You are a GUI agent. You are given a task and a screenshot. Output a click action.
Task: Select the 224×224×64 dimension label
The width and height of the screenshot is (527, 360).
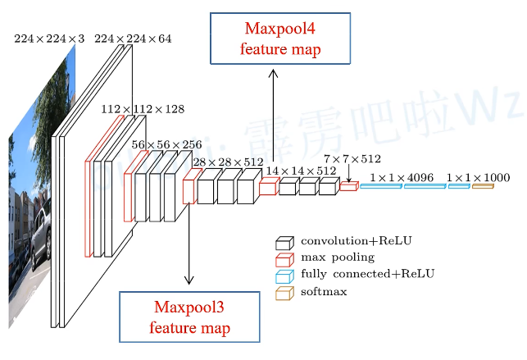(133, 39)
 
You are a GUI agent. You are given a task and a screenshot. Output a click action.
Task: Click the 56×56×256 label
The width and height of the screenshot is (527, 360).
(166, 144)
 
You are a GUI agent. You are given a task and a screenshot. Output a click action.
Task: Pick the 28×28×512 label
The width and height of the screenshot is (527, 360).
(228, 162)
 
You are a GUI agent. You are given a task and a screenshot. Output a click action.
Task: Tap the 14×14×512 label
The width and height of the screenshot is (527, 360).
(301, 171)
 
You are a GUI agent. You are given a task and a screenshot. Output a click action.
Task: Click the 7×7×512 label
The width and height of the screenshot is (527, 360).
(352, 158)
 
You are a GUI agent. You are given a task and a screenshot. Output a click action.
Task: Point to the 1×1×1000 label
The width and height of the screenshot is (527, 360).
(479, 176)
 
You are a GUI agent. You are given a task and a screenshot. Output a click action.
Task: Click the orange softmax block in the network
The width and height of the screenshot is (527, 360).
(482, 187)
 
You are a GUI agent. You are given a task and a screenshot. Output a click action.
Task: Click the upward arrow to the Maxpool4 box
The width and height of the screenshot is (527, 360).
(274, 123)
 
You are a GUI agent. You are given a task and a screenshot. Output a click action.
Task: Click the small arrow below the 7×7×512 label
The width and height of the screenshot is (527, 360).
(349, 173)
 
